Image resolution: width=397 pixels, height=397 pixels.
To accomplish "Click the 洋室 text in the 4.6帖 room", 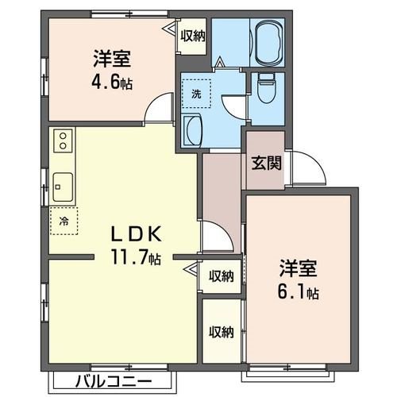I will [111, 59].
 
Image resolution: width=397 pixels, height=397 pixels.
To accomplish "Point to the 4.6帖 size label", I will [111, 81].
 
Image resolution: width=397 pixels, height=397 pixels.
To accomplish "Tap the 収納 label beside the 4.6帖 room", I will [192, 35].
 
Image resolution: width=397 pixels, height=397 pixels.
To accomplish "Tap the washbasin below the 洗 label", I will [193, 129].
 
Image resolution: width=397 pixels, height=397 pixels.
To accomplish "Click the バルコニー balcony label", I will [110, 378].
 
